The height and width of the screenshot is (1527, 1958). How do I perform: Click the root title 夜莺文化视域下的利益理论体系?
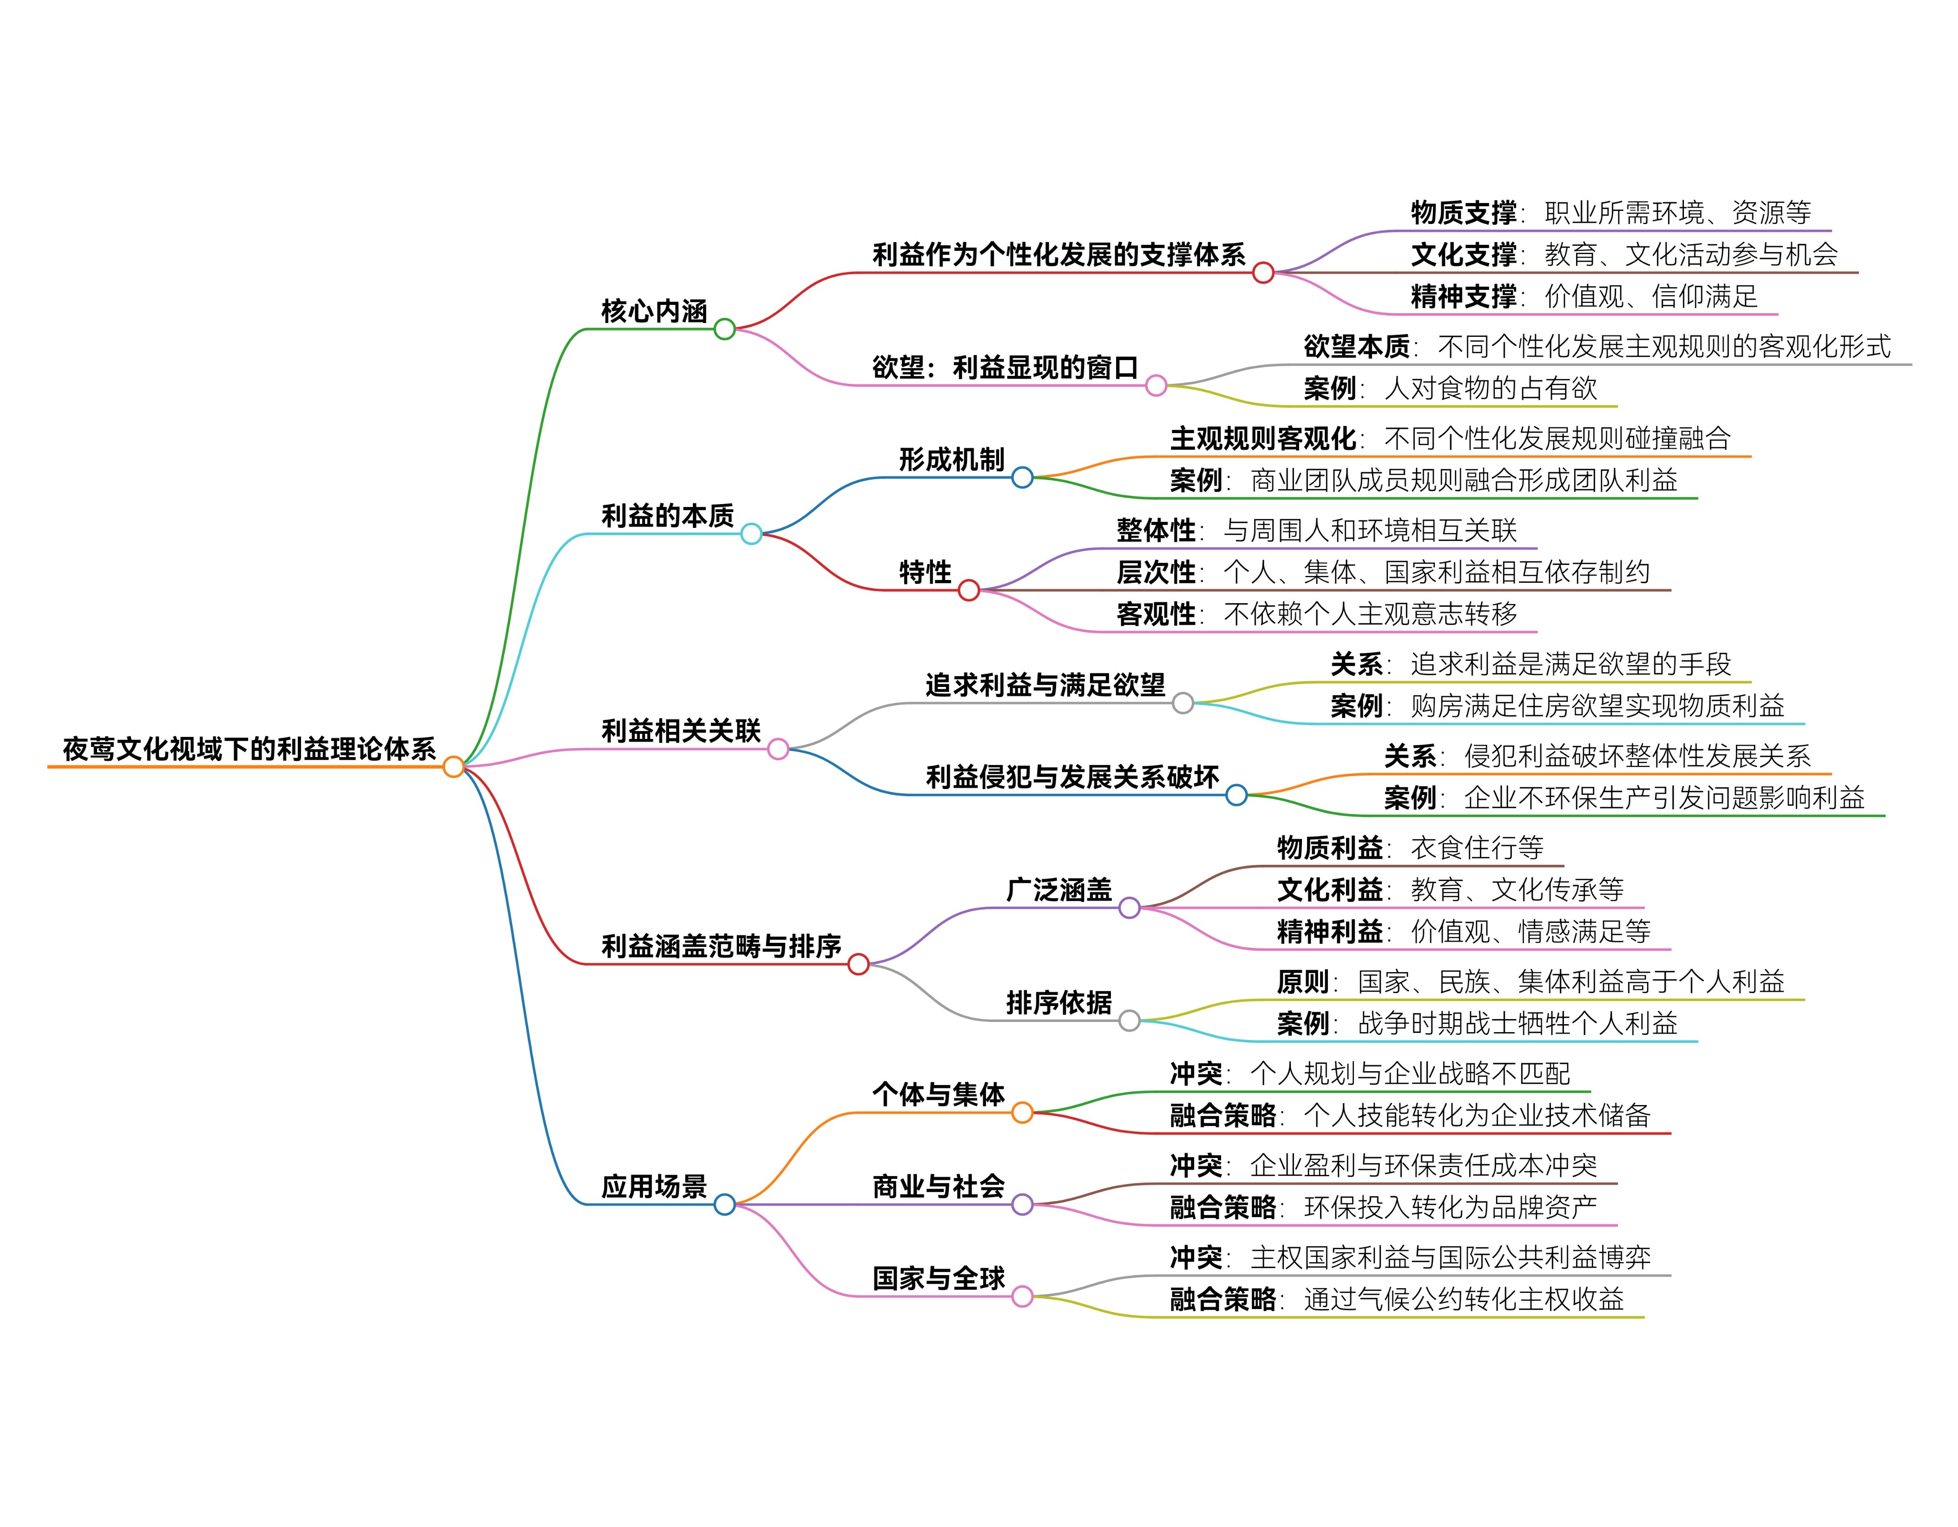pos(249,749)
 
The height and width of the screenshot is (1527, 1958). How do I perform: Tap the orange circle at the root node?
pos(453,767)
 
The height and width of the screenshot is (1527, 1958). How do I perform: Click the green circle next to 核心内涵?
pos(724,329)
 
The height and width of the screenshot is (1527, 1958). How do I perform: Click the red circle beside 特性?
pos(968,590)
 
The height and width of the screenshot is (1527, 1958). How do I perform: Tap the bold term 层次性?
pos(1156,572)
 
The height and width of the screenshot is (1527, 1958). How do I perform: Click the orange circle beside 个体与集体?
pos(1022,1113)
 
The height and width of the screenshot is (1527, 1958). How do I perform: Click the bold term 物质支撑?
pos(1463,212)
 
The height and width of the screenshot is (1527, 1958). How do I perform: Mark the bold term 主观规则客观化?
pos(1262,439)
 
